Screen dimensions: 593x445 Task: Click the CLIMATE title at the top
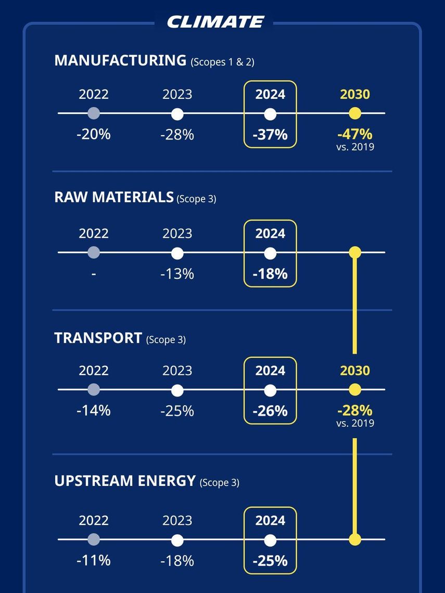pos(215,22)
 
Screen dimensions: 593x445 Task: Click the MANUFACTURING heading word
pos(120,60)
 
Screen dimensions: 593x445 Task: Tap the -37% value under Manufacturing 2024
pos(270,134)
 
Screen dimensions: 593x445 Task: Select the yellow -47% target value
pos(355,134)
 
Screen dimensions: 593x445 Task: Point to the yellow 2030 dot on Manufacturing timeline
pos(355,113)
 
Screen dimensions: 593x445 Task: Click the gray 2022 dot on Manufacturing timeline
pos(94,113)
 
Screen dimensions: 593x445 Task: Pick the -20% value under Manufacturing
pos(94,134)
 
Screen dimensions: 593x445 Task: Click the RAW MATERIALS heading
pos(113,198)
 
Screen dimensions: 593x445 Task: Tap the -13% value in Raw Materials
pos(177,274)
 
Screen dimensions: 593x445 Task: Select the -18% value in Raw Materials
pos(270,274)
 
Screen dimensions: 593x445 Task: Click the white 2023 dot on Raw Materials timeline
pos(177,253)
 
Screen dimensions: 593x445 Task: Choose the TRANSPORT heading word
pos(98,338)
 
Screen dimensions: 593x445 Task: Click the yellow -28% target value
pos(355,410)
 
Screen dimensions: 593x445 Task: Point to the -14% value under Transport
pos(94,410)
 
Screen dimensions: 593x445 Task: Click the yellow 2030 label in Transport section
pos(355,370)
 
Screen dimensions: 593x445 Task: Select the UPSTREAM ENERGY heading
pos(124,481)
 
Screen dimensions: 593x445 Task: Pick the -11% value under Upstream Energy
pos(94,560)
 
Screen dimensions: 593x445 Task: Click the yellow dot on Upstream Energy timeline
pos(355,539)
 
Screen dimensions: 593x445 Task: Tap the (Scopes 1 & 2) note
pos(223,62)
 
